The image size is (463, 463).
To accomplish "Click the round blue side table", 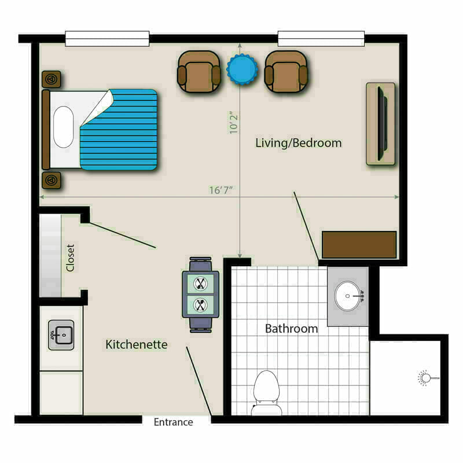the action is (x=242, y=69).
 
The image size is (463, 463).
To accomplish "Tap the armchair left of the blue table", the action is (x=199, y=72).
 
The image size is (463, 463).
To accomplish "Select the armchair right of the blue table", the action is (x=286, y=72).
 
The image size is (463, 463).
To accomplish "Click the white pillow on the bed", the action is (x=63, y=127).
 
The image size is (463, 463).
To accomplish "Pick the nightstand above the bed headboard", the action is (x=52, y=79).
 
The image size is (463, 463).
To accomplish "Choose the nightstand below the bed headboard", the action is (x=52, y=180).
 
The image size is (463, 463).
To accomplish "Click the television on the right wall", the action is (x=383, y=124).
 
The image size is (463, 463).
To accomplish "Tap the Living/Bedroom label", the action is (x=299, y=143).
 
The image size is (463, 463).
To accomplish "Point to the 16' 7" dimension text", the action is (x=221, y=190).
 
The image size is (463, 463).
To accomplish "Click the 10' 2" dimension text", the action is (x=234, y=123).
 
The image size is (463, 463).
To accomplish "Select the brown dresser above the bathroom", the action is (x=359, y=245).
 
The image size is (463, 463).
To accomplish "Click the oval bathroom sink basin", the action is (x=348, y=296).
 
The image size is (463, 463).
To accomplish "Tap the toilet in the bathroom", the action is (x=267, y=393).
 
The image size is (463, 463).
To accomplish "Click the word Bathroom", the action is (x=292, y=329).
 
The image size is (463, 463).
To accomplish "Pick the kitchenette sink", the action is (x=61, y=335).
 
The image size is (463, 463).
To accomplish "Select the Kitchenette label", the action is (x=137, y=344).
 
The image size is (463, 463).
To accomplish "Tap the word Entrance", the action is (x=173, y=422).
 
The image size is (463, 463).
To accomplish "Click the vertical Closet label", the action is (x=70, y=258).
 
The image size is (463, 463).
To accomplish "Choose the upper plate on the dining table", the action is (x=200, y=284).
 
